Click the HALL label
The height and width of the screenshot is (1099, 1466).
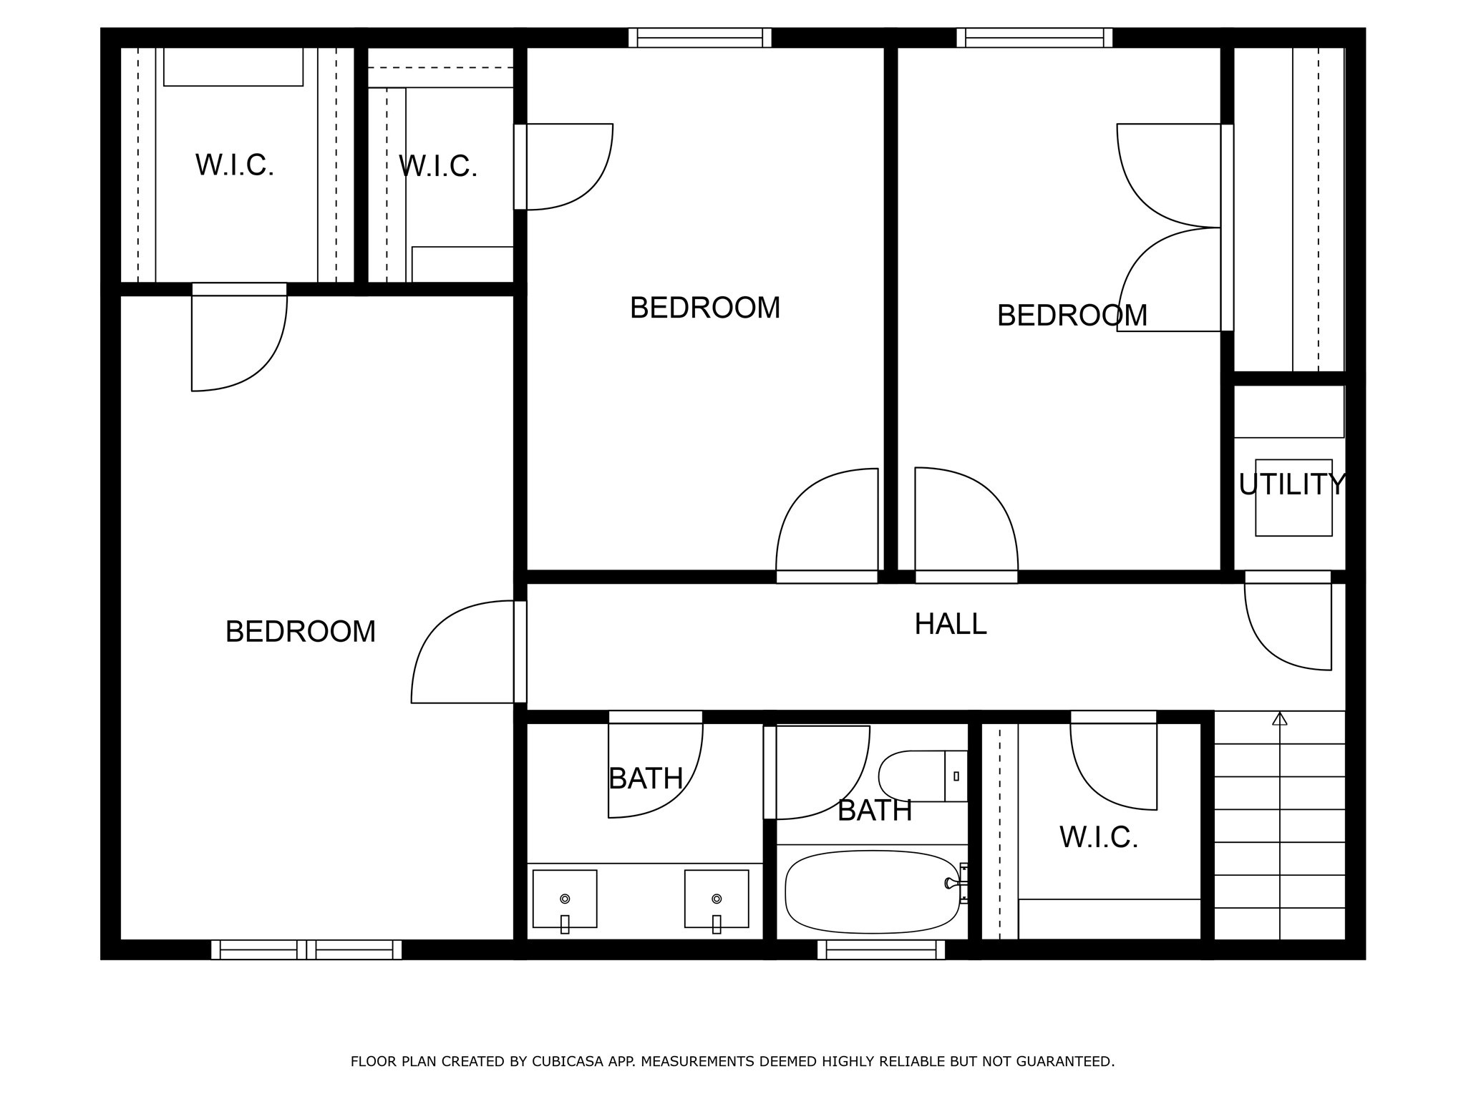[950, 624]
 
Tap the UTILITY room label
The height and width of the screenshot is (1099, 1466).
[1292, 485]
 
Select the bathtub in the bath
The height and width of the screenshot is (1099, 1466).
[872, 892]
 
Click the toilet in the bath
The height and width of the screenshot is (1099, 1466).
[922, 776]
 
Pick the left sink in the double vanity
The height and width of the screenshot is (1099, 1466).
[565, 899]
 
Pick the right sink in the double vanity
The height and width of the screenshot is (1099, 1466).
[717, 899]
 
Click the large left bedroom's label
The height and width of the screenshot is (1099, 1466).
[300, 632]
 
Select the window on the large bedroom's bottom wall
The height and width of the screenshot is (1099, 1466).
[306, 949]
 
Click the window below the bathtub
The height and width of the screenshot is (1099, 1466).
[881, 949]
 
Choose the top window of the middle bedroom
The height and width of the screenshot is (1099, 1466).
[699, 37]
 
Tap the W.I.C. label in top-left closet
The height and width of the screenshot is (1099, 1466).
[235, 165]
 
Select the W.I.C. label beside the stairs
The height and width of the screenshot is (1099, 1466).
[1099, 837]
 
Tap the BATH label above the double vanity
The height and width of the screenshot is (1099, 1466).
[646, 778]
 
